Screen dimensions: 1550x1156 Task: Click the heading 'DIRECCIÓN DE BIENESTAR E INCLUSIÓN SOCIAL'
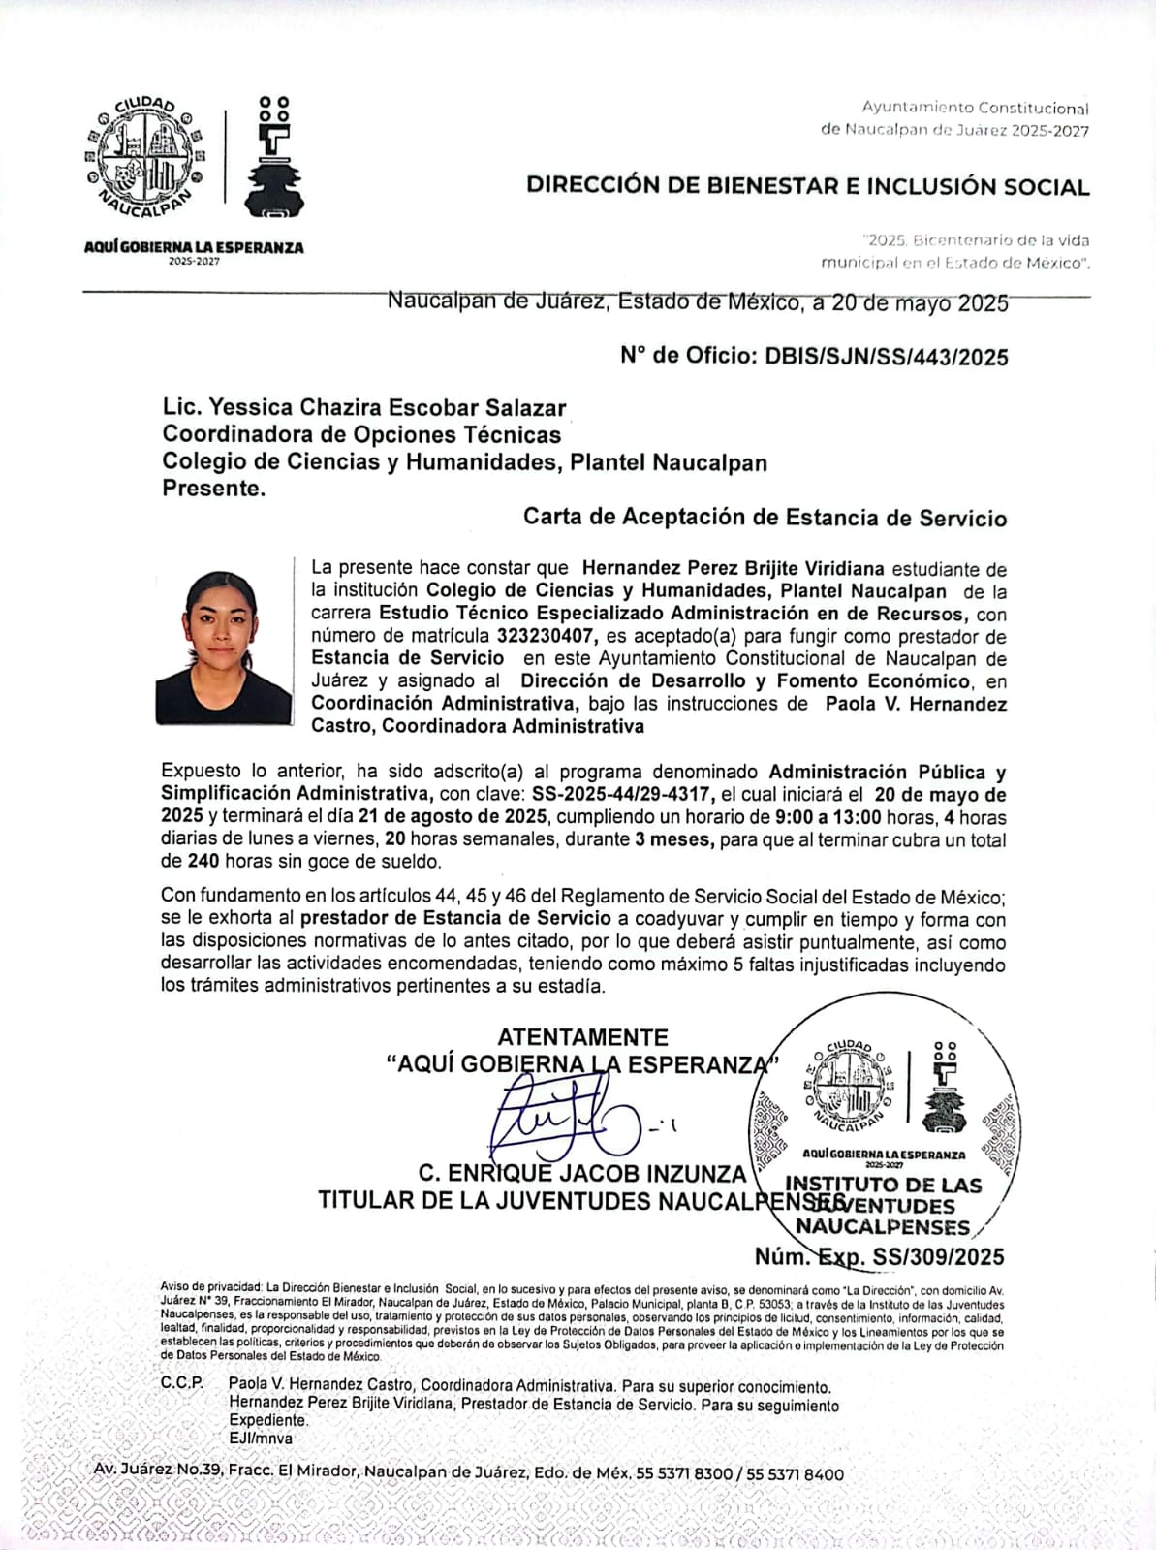(x=807, y=186)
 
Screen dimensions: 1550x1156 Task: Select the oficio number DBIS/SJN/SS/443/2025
(x=886, y=357)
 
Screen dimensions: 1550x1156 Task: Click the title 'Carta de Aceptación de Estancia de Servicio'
(x=765, y=518)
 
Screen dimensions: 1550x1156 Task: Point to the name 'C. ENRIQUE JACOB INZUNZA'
(x=581, y=1174)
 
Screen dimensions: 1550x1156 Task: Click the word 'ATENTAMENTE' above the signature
(x=582, y=1037)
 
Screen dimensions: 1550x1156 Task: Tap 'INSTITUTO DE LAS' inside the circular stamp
(x=883, y=1185)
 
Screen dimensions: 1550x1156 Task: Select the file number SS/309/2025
(x=938, y=1257)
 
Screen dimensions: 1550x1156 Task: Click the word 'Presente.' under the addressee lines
(x=213, y=489)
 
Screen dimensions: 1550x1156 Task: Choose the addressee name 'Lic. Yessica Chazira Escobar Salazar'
(x=363, y=408)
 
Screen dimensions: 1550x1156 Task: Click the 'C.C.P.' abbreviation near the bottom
(x=182, y=1383)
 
